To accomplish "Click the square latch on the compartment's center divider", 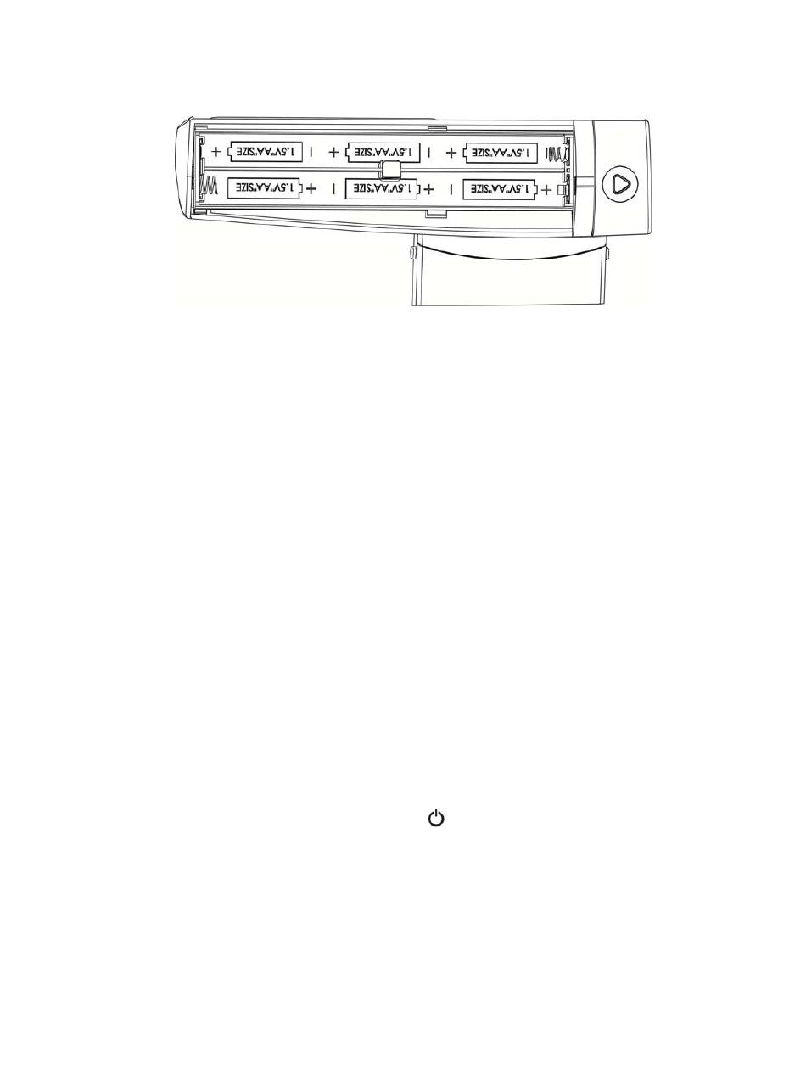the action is (x=390, y=169).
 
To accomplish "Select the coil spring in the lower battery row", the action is (x=209, y=187).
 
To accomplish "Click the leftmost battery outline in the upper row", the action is (x=265, y=152).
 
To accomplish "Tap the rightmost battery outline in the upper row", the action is (x=500, y=152).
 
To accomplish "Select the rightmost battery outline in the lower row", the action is (x=500, y=188).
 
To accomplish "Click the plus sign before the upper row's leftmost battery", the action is (x=215, y=152).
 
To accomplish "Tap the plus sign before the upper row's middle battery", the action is (x=333, y=152).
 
